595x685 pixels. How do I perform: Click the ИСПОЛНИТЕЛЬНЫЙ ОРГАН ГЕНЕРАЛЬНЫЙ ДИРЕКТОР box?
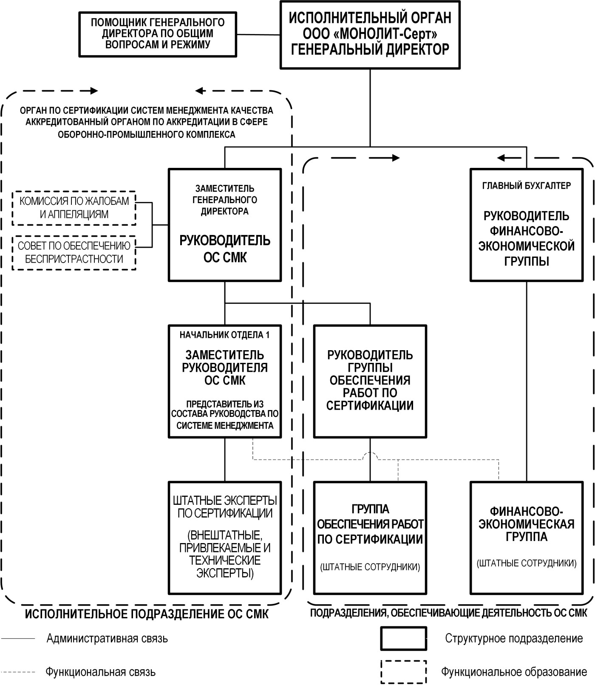[370, 35]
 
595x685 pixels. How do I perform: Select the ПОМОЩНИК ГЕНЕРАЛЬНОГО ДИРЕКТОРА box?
[158, 34]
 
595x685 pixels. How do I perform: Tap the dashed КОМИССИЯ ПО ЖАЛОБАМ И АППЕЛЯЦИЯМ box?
[74, 208]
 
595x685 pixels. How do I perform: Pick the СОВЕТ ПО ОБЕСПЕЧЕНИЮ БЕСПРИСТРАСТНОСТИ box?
[74, 252]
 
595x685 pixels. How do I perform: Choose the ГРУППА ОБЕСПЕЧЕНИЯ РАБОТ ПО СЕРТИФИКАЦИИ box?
[370, 538]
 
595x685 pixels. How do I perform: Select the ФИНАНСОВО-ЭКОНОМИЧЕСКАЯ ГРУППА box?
[526, 538]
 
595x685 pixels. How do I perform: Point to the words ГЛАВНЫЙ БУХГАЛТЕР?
[526, 185]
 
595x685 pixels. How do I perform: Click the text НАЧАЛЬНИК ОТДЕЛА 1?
[224, 335]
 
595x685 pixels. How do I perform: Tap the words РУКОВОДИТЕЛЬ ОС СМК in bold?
[225, 249]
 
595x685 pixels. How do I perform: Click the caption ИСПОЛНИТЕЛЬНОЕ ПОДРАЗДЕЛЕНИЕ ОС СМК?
[147, 614]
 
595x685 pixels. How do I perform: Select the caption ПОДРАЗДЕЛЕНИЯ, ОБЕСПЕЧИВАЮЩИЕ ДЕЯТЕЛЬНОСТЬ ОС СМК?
[448, 613]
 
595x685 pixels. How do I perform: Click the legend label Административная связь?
[107, 638]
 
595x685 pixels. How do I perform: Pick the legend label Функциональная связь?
[101, 672]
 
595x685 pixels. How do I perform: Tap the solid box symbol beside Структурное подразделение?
[403, 638]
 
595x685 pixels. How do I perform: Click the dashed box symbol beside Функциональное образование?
[403, 672]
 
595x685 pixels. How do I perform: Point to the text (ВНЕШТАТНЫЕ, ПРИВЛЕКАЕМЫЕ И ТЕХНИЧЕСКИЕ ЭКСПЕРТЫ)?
[225, 554]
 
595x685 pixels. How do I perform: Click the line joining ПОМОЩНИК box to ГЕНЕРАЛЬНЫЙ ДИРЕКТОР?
[258, 34]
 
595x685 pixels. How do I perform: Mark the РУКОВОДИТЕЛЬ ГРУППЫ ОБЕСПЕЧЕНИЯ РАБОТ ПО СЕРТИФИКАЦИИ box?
[370, 381]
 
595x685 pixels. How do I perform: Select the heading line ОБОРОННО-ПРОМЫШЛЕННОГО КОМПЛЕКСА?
[147, 135]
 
